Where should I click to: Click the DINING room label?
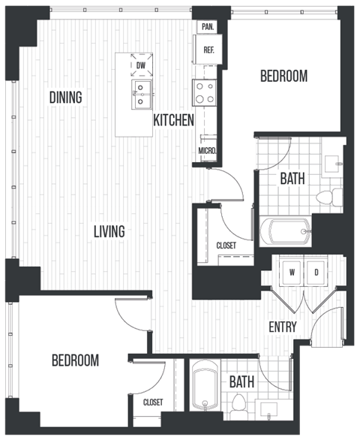66,98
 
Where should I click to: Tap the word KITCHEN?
174,119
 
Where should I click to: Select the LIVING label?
109,231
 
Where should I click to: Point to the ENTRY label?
283,327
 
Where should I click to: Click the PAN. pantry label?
208,26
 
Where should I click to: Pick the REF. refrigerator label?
208,51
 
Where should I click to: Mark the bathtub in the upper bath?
284,231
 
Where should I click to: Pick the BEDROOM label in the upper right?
283,76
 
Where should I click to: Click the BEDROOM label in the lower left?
75,360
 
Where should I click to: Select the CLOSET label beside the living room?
226,245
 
